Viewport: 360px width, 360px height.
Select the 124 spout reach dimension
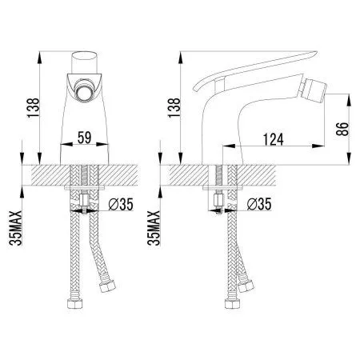pyautogui.click(x=276, y=139)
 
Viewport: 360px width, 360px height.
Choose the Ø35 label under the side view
pyautogui.click(x=261, y=204)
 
